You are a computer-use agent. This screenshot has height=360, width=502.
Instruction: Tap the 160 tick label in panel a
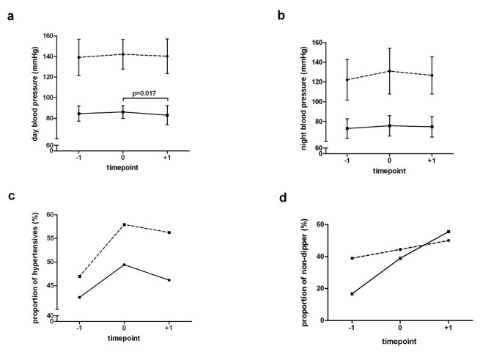coord(48,36)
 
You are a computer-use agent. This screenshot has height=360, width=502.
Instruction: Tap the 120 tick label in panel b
coord(318,81)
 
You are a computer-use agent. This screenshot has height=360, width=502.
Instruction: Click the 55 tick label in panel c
coord(51,238)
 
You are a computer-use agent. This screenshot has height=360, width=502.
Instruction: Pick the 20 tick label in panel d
coord(320,289)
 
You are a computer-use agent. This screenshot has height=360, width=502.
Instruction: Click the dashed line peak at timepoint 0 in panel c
coord(125,224)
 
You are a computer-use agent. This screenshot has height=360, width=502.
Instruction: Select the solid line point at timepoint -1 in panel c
coord(79,297)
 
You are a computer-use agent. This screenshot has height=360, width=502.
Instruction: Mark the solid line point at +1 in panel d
coord(449,232)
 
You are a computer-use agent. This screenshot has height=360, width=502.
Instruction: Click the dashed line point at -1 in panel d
coord(353,258)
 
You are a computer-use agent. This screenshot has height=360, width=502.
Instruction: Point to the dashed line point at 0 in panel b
coord(389,71)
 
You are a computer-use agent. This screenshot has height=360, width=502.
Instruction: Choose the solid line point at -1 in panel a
coord(79,114)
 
